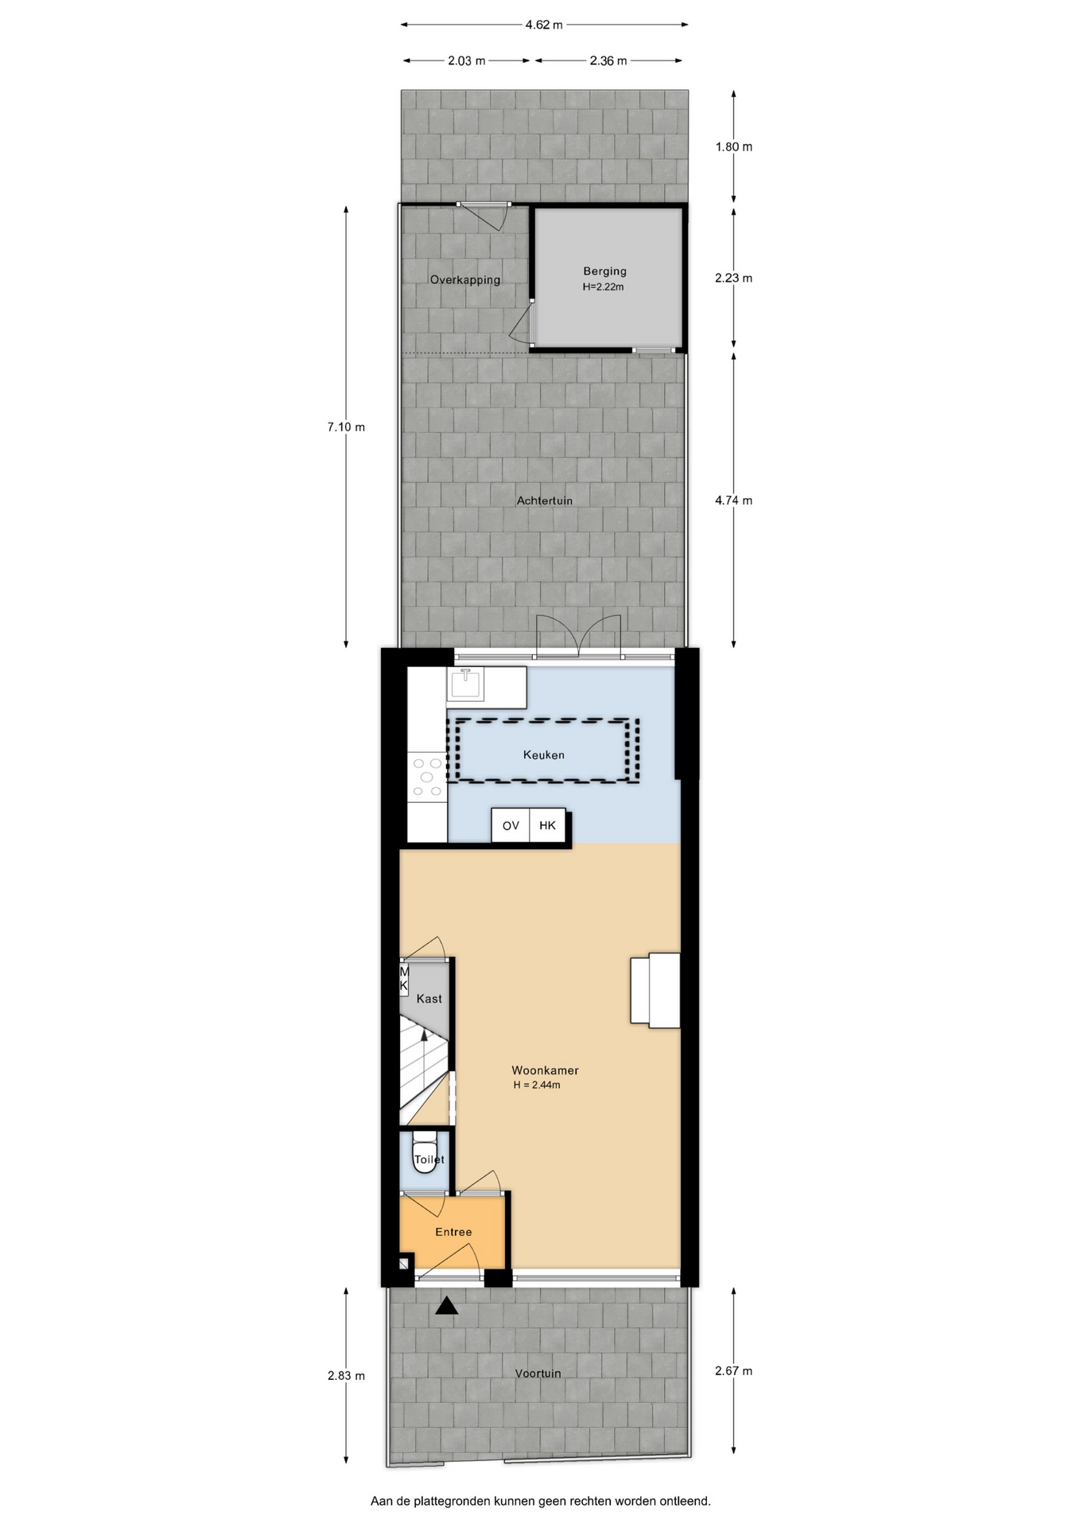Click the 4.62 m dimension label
(x=544, y=25)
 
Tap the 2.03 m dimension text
(x=467, y=60)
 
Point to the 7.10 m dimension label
(x=346, y=427)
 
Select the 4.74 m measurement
(x=733, y=501)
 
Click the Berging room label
(x=604, y=271)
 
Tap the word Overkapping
(x=465, y=280)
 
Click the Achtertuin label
(x=545, y=501)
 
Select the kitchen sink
(x=464, y=684)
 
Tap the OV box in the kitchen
(x=511, y=825)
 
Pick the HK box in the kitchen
(x=548, y=825)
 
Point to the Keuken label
(x=544, y=754)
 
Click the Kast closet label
(x=429, y=999)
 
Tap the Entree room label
(x=453, y=1232)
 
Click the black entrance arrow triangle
(x=447, y=1305)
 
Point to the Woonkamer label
(x=545, y=1070)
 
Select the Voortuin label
(x=538, y=1373)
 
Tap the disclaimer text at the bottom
(x=541, y=1501)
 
